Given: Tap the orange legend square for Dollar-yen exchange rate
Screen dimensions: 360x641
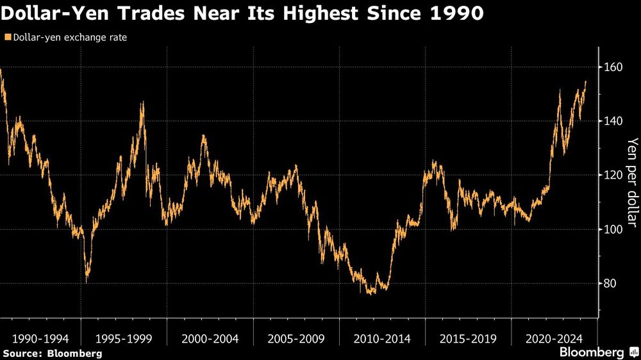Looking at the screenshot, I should point(6,38).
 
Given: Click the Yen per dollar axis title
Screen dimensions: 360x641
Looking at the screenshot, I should point(632,183).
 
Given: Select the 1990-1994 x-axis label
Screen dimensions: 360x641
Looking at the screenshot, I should point(40,338).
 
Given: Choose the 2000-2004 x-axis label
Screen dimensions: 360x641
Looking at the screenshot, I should point(211,338).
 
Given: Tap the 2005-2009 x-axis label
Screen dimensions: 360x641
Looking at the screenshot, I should point(297,338).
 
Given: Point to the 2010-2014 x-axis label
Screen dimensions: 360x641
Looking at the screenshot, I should point(383,338).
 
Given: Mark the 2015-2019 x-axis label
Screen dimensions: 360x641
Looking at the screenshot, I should point(469,338).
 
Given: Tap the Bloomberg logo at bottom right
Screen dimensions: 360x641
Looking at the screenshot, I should point(597,352).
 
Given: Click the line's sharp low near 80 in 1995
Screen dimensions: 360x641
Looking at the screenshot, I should point(87,281).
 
